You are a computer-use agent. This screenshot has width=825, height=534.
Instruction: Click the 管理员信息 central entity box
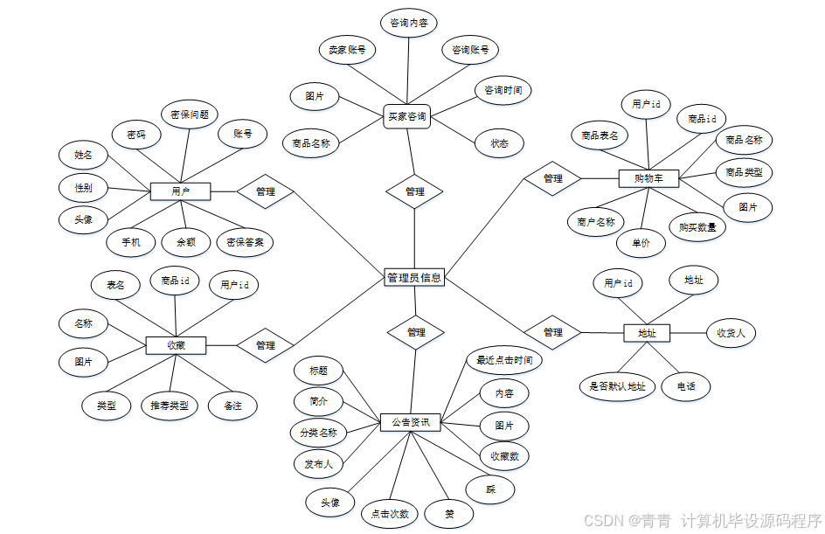414,278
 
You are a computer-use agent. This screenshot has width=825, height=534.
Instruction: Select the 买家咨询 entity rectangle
407,116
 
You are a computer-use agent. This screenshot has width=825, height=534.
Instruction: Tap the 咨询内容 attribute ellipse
408,23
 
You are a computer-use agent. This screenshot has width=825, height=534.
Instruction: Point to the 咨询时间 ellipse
503,90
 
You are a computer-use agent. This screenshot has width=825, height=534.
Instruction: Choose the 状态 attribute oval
499,142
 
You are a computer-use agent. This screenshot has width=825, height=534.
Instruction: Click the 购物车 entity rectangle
648,179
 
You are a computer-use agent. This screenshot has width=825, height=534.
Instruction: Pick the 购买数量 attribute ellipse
697,227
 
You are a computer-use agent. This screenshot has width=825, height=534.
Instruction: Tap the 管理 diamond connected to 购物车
552,178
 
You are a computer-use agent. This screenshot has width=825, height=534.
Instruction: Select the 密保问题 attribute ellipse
189,114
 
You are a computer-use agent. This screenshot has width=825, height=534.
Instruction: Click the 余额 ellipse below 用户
186,242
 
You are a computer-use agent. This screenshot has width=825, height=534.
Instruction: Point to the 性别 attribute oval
84,187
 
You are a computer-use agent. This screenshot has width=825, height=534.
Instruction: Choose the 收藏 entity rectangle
176,345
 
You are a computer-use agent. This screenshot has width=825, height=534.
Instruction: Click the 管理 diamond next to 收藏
266,345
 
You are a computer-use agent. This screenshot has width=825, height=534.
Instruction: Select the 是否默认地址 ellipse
617,386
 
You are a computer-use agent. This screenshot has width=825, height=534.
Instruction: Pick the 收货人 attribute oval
731,333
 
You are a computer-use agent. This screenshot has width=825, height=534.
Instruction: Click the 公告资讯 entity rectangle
410,422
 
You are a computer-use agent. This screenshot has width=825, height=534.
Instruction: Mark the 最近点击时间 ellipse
503,359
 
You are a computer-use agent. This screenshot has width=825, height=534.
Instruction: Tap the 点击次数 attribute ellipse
390,514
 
